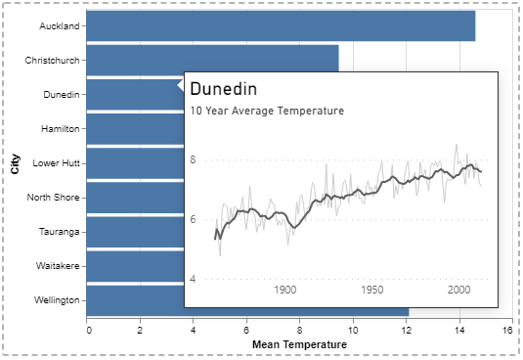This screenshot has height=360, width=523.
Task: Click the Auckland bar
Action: pos(281,26)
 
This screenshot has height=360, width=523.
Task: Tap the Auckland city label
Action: pos(60,26)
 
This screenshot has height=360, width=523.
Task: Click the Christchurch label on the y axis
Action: pos(52,61)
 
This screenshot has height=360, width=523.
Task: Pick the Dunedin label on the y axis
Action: pos(62,95)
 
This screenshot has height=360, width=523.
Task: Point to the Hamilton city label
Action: pos(61,129)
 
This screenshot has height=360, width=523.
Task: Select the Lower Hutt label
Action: pos(56,163)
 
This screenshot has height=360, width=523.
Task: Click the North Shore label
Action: pos(54,198)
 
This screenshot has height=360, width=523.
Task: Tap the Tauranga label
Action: pos(59,232)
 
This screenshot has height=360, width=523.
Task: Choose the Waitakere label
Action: pos(58,266)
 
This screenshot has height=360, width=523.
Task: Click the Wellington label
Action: pos(57,300)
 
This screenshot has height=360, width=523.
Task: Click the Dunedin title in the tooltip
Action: pos(224,89)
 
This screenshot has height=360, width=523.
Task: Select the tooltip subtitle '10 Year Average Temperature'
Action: pos(267,111)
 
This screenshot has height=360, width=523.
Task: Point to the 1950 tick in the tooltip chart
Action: pos(372,290)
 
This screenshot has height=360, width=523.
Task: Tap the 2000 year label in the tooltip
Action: pos(458,290)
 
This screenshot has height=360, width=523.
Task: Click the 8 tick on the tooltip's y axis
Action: pos(193,159)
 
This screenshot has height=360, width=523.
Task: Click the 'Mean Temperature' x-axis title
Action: pos(299,344)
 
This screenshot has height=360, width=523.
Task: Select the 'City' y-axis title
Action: pos(15,163)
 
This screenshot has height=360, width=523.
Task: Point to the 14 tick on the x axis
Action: pos(459,331)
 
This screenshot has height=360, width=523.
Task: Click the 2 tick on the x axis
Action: pos(140,331)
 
